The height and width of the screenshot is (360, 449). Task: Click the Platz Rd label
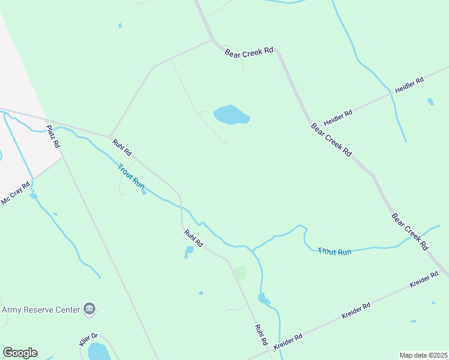click(53, 136)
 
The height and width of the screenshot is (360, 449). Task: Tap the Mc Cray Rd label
click(15, 193)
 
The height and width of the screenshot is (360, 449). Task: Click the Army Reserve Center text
click(41, 310)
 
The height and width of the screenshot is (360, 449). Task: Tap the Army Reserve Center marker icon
click(90, 309)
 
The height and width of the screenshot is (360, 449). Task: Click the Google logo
click(20, 353)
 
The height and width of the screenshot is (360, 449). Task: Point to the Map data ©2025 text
click(423, 355)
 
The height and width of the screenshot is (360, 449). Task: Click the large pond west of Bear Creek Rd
click(231, 115)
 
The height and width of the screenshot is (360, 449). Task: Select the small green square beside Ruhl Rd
click(240, 273)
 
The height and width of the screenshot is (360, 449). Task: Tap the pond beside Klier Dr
click(98, 352)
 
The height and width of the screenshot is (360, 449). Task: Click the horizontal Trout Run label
click(334, 252)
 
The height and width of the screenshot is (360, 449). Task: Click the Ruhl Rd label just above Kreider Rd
click(261, 335)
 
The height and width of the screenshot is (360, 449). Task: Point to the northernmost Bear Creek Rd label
click(249, 53)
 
